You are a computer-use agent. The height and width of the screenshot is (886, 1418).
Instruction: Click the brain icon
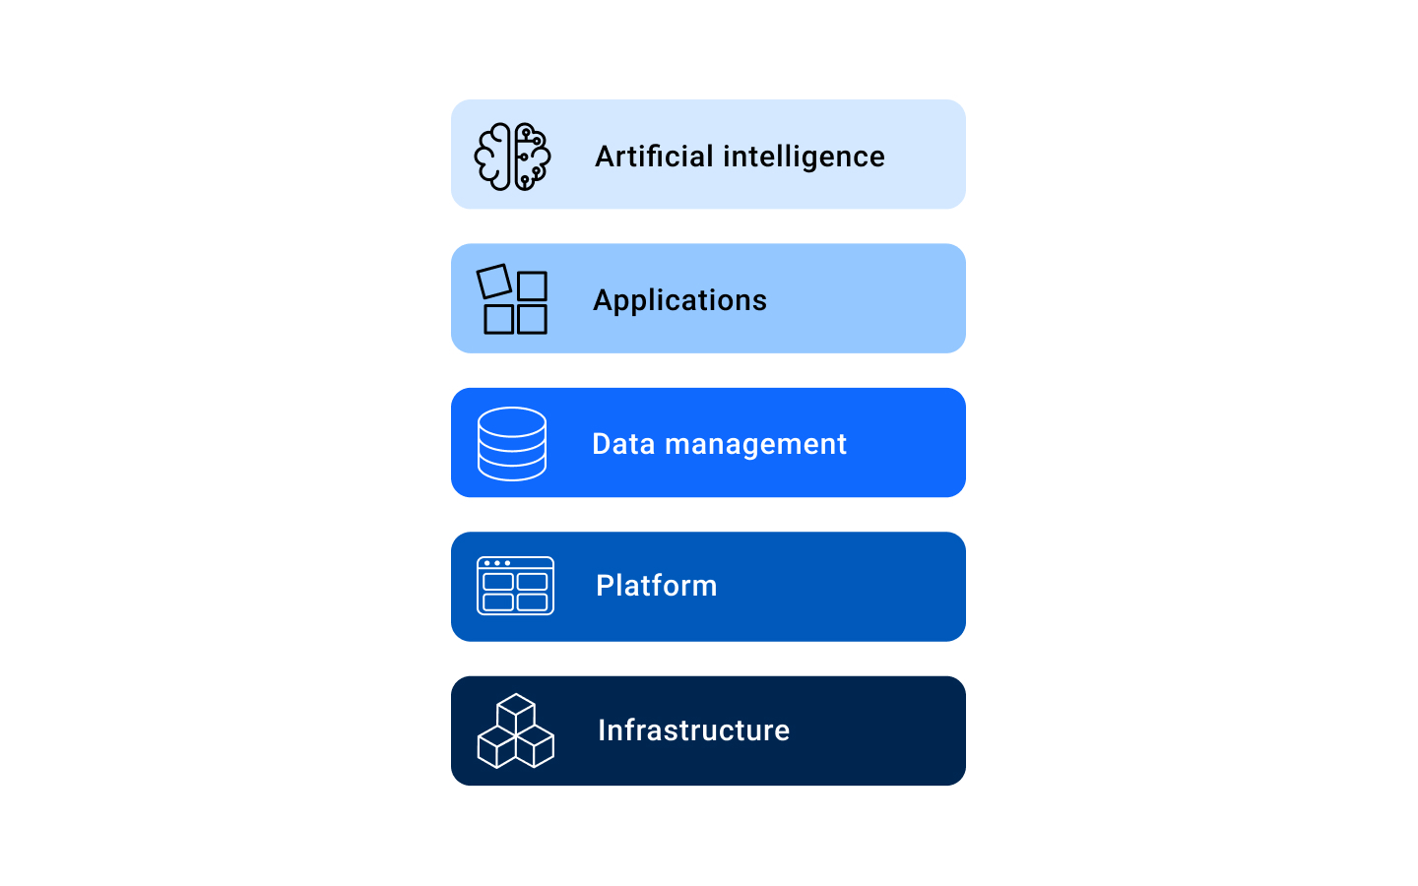[x=512, y=157]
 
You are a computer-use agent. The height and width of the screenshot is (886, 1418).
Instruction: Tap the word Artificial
[x=654, y=157]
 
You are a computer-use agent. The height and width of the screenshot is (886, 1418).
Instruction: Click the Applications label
[x=679, y=300]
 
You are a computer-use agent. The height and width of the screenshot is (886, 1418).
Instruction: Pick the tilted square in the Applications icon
[x=493, y=282]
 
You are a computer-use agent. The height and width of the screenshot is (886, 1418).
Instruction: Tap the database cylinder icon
[x=512, y=444]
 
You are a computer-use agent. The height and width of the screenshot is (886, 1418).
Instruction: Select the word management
[x=755, y=444]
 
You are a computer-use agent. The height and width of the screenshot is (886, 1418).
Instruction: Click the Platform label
[x=656, y=586]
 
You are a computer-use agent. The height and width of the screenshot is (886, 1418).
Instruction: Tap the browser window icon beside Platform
[x=515, y=587]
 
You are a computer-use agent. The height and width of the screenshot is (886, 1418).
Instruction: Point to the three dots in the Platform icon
[x=496, y=563]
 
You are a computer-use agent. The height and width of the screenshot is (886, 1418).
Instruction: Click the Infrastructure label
[x=693, y=730]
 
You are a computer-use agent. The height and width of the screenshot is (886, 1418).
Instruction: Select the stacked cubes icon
[x=515, y=730]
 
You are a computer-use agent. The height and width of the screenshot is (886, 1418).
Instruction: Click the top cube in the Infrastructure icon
[x=516, y=713]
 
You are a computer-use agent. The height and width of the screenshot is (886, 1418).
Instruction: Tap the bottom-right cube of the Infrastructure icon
[x=535, y=746]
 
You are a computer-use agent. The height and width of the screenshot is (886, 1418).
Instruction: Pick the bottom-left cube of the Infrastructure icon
[x=496, y=746]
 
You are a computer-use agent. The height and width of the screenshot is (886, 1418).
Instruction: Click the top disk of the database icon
[x=512, y=422]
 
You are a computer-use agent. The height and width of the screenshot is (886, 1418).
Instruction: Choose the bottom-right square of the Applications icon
[x=532, y=319]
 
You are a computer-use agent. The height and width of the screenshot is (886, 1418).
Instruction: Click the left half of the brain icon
[x=494, y=157]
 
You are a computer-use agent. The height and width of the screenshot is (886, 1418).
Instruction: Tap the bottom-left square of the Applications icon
[x=498, y=319]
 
